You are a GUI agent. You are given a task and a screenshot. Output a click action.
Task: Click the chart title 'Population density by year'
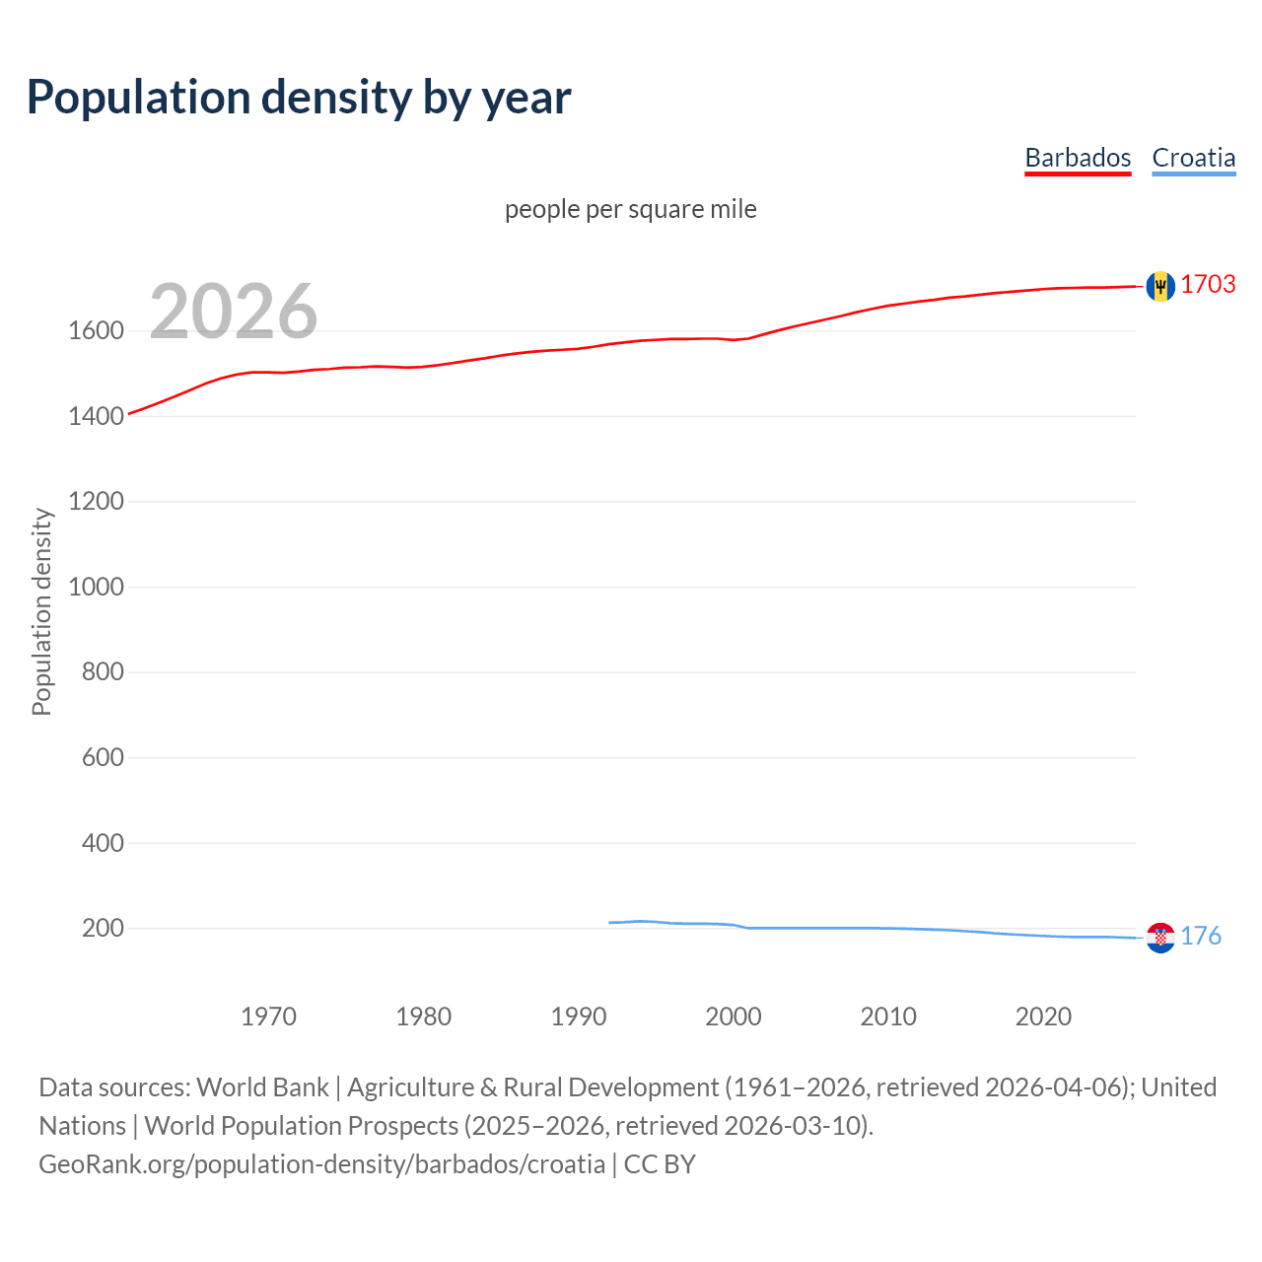coord(299,98)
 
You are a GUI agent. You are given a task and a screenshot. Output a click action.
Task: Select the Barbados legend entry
coord(1078,158)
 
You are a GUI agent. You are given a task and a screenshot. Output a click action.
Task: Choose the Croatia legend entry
coord(1193,158)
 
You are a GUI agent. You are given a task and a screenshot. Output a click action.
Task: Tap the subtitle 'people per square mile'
coord(630,210)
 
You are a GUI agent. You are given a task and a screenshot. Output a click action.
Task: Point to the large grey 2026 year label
coord(234,312)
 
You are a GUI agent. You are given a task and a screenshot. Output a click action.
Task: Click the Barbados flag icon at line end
coord(1160,286)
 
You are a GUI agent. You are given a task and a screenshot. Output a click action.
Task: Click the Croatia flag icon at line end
coord(1160,938)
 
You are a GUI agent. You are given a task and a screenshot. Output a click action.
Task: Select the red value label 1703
coord(1208,285)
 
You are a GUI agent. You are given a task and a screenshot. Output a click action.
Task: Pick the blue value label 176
coord(1201,937)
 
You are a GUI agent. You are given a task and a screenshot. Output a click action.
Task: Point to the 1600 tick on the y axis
coord(96,331)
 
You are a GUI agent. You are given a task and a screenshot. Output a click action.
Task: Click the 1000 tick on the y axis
coord(96,588)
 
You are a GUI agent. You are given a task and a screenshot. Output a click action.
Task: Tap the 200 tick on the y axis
coord(103,929)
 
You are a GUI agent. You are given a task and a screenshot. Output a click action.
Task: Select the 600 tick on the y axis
coord(103,758)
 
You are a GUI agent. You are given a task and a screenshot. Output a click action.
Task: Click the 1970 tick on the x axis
coord(268,1017)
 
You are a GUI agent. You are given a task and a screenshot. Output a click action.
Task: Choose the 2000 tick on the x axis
coord(733,1017)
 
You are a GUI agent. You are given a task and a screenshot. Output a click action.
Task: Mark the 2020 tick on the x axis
coord(1043,1017)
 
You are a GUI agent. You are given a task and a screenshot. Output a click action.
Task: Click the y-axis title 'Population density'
coord(41,611)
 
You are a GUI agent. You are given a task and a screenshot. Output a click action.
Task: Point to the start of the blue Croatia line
coord(610,923)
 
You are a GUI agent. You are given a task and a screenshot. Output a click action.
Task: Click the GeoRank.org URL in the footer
coord(321,1164)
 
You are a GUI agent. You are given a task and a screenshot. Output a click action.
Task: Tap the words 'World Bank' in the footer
coord(262,1087)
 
